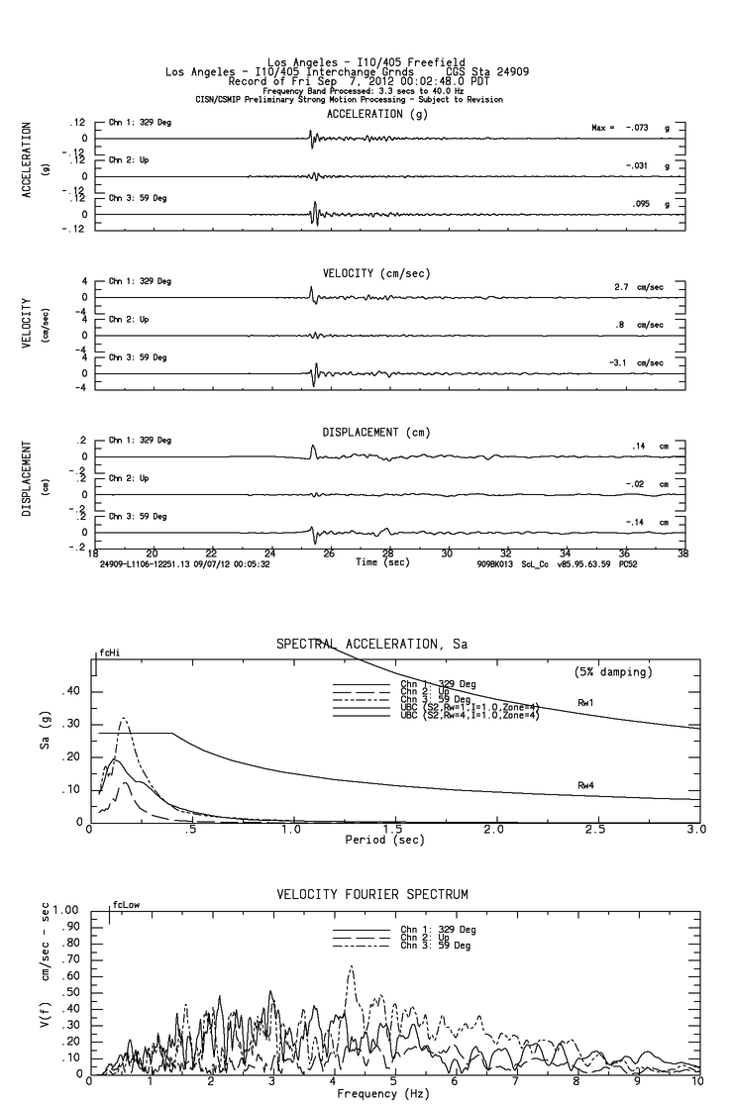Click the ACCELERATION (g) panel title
[377, 113]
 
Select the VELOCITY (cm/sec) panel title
[376, 272]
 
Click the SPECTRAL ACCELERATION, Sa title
[371, 644]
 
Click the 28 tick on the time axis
[388, 554]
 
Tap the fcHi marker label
[109, 653]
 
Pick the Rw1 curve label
[585, 702]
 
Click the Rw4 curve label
[585, 784]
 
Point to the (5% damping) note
[613, 671]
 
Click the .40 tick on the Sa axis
[71, 691]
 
